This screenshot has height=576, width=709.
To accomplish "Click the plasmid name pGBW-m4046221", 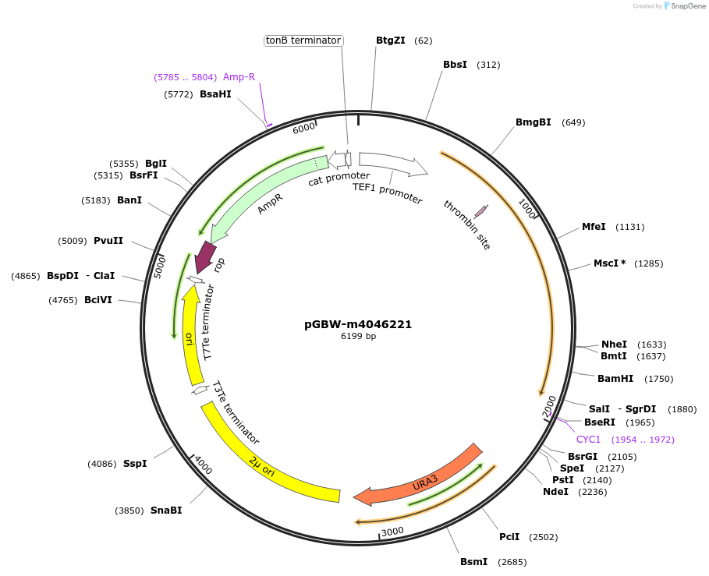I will (358, 324).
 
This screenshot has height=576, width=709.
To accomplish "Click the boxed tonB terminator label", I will (303, 41).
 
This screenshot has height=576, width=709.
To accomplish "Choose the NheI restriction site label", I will (614, 345).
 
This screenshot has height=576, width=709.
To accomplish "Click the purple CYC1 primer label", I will (589, 440).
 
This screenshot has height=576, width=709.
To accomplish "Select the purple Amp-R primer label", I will (239, 77).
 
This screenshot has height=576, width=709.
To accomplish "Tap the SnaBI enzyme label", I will (166, 511).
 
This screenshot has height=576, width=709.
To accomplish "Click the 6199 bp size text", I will (358, 337).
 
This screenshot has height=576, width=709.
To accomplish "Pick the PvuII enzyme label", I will (108, 241).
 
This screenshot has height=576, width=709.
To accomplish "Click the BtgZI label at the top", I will (391, 41).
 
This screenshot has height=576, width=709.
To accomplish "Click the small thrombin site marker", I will (481, 210).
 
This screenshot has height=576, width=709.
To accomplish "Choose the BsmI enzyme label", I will (473, 562).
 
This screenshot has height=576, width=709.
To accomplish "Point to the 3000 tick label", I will (392, 532).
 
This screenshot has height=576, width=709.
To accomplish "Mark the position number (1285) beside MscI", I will (649, 263).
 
